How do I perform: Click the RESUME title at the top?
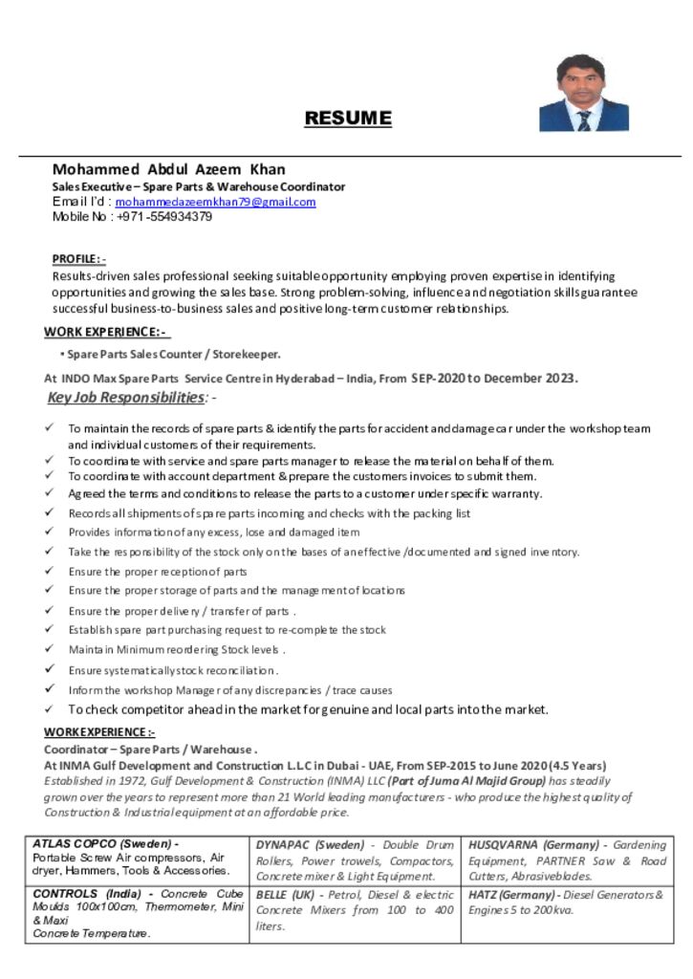(348, 119)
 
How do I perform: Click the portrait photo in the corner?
(583, 93)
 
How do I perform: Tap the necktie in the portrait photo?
(583, 120)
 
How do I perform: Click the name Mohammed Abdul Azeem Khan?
(168, 170)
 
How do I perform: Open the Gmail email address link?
(215, 203)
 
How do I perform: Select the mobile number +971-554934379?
(164, 217)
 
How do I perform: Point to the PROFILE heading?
(78, 259)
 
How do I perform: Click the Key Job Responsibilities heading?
(126, 397)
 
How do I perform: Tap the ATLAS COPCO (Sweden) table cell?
(139, 859)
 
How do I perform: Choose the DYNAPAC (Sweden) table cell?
(354, 860)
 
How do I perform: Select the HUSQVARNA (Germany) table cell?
(567, 860)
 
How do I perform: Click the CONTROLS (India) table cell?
(139, 913)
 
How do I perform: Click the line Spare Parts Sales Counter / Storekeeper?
(173, 355)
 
